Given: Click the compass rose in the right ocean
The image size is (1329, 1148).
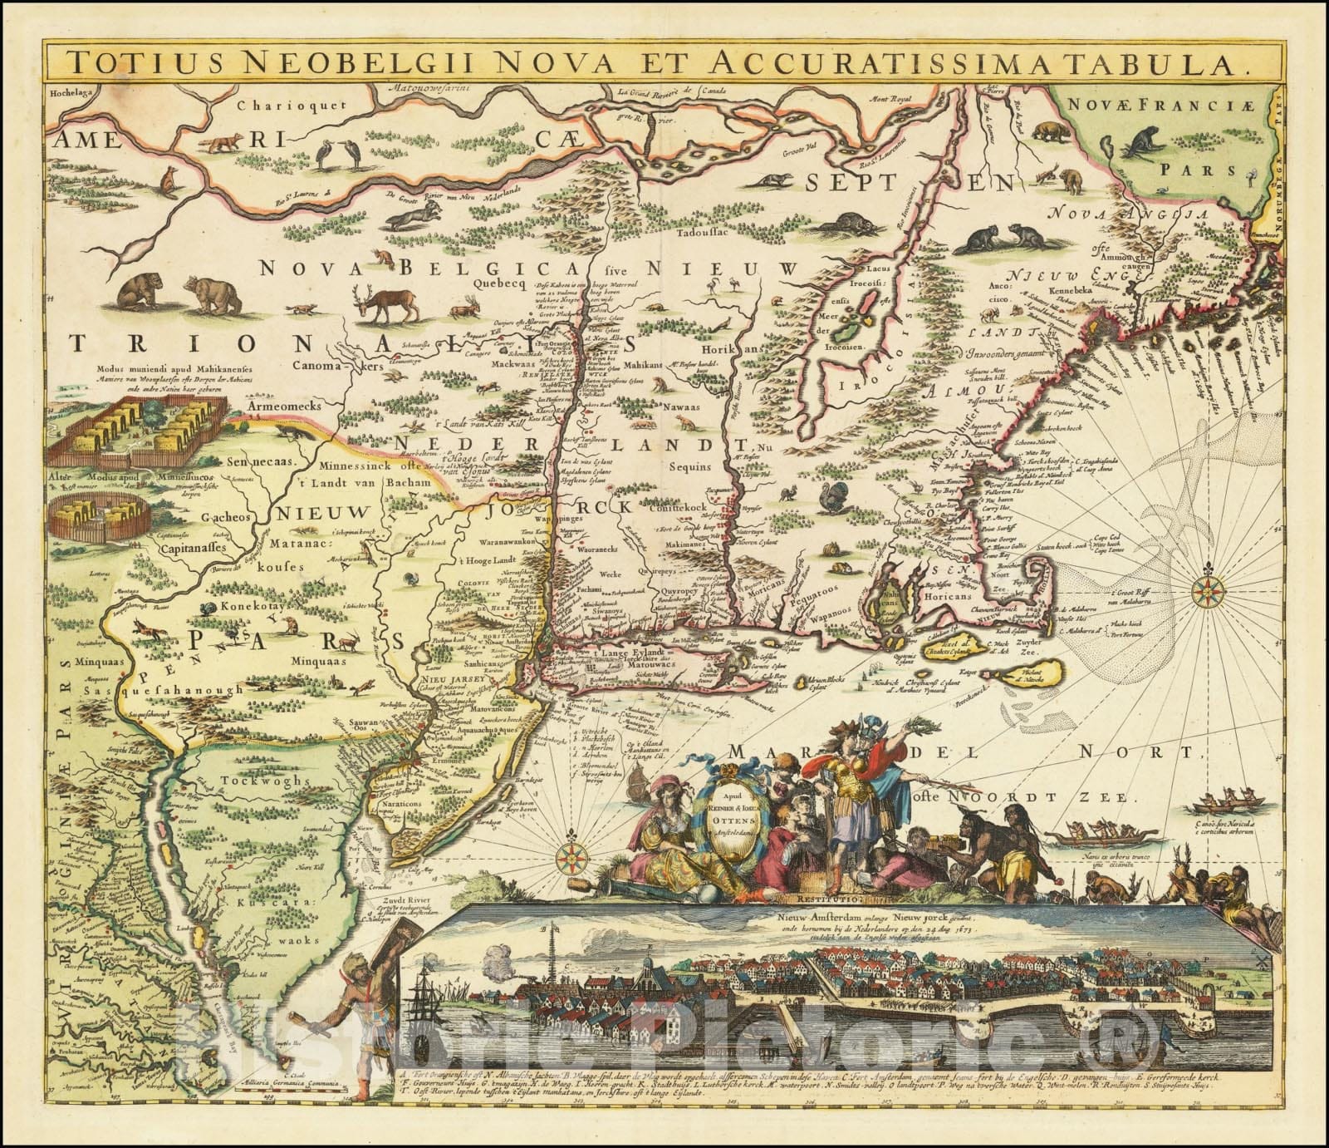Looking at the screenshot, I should click(x=1204, y=592).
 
